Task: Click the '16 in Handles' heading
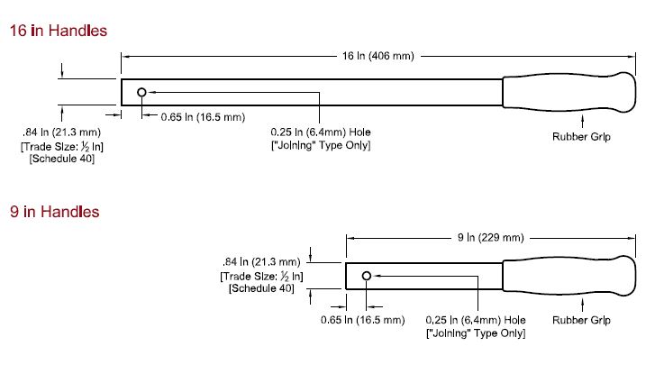point(59,31)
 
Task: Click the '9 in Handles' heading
point(55,212)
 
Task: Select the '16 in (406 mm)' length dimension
point(378,56)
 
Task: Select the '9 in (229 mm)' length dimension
point(490,238)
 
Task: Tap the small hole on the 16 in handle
point(142,92)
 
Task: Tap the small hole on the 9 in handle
point(367,275)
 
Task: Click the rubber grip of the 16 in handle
point(568,92)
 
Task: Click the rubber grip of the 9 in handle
point(568,275)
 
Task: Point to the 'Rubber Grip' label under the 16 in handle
point(581,137)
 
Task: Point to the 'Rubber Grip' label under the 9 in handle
point(581,320)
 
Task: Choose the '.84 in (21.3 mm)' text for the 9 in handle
point(260,262)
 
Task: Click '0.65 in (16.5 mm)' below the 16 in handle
point(203,116)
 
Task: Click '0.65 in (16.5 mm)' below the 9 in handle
point(363,320)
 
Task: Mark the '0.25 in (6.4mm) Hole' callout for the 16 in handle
point(321,132)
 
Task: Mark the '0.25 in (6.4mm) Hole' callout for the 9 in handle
point(475,320)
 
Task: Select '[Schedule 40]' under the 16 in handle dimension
point(60,159)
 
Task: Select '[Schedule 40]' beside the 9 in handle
point(260,288)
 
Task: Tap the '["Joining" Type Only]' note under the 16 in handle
point(321,145)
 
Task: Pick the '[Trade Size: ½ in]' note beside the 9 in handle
point(260,276)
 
